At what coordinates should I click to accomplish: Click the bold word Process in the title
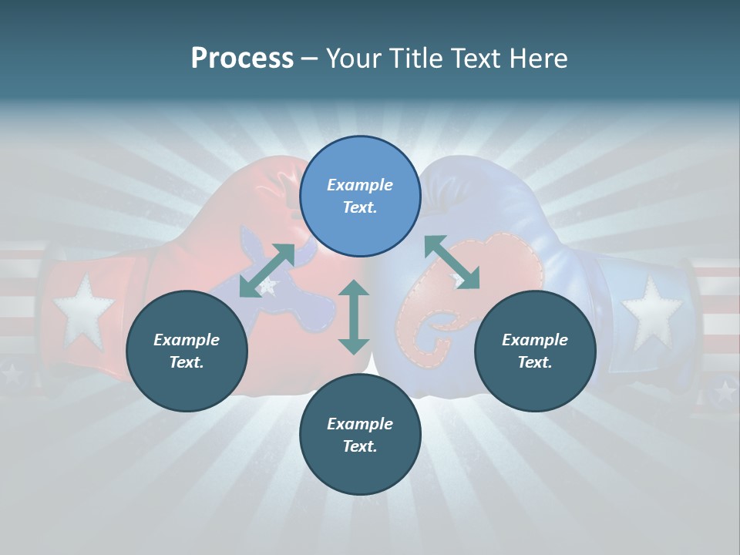[x=242, y=59]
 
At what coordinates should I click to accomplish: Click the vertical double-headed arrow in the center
[x=354, y=317]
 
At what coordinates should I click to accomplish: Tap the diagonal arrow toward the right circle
[x=452, y=262]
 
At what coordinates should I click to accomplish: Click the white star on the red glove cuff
[x=82, y=308]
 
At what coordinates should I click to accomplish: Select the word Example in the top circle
[x=360, y=185]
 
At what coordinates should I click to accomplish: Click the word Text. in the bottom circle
[x=360, y=446]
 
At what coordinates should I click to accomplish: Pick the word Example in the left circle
[x=187, y=340]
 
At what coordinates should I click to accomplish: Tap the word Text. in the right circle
[x=535, y=362]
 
